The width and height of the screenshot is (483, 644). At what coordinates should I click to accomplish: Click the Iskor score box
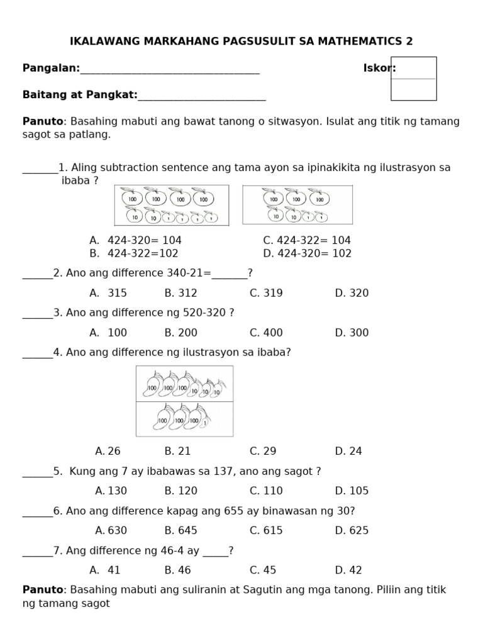(x=413, y=79)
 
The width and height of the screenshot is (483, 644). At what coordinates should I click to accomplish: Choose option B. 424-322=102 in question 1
(x=134, y=253)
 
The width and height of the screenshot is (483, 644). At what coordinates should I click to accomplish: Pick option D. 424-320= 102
(x=307, y=253)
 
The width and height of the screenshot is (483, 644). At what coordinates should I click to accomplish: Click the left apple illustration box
(x=171, y=205)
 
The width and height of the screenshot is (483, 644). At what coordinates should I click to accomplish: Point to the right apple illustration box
(x=297, y=205)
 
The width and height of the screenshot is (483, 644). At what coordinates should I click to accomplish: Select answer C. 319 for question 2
(x=266, y=293)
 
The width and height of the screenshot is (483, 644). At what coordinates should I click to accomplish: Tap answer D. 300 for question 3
(x=352, y=333)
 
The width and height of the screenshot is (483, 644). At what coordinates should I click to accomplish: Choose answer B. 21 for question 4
(x=177, y=451)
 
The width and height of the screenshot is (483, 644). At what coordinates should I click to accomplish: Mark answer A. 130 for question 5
(x=110, y=491)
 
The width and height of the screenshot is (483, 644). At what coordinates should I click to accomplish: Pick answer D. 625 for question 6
(x=352, y=530)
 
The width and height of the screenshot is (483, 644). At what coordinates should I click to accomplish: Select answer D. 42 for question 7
(x=348, y=570)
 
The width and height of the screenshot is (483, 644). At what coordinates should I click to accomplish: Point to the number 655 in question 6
(x=234, y=511)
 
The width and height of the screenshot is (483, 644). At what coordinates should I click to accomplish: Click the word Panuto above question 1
(x=43, y=121)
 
